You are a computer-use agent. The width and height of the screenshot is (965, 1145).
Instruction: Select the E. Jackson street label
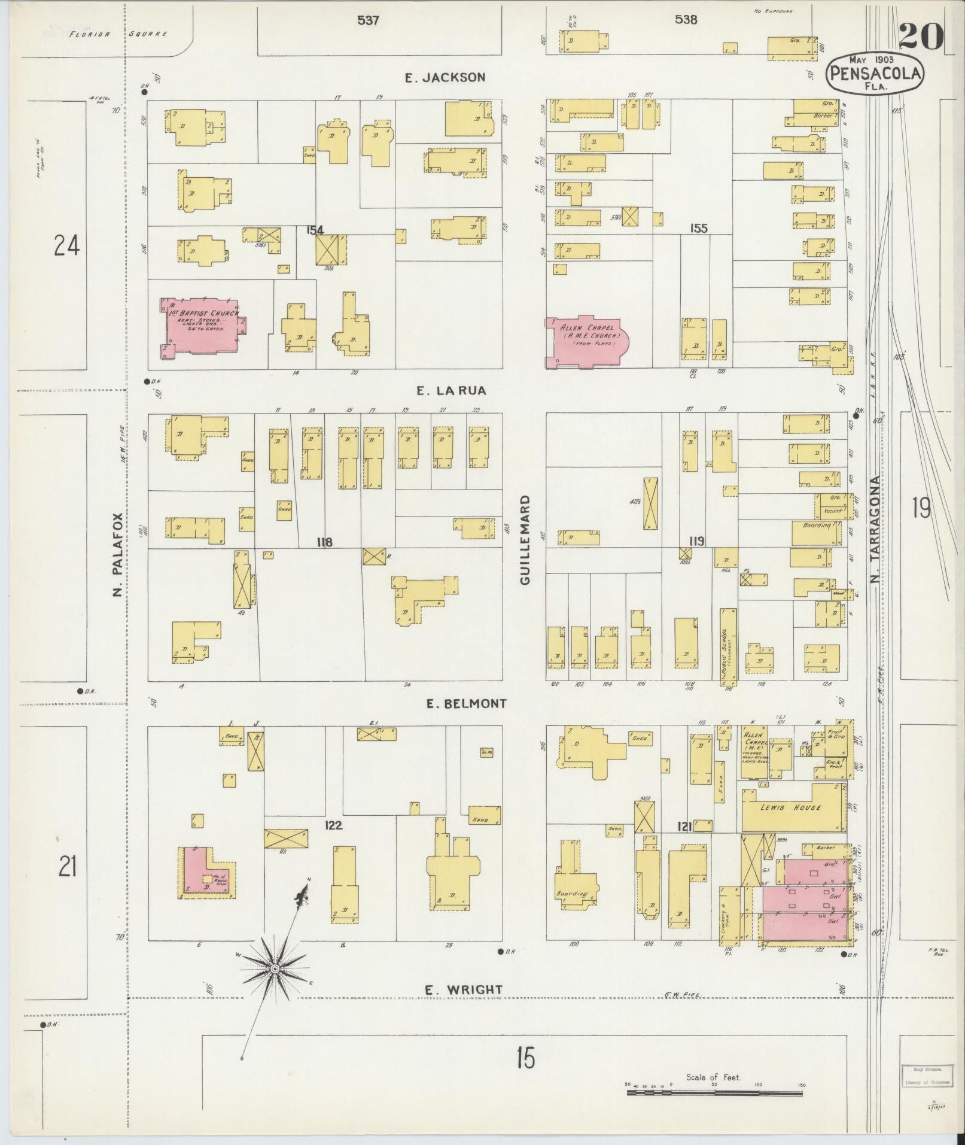(x=445, y=77)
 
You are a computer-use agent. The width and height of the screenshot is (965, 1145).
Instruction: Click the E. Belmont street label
(x=466, y=704)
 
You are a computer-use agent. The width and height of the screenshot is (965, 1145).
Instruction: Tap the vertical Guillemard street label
(x=525, y=540)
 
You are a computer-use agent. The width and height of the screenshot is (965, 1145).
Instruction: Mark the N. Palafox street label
(x=117, y=554)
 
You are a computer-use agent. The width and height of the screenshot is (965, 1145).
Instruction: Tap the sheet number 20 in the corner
(x=921, y=37)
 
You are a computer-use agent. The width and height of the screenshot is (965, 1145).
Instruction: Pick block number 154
(x=315, y=230)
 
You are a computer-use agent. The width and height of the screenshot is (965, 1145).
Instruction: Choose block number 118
(x=325, y=543)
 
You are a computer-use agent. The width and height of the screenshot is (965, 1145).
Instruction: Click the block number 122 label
(x=333, y=826)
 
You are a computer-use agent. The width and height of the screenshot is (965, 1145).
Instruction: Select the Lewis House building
(x=799, y=807)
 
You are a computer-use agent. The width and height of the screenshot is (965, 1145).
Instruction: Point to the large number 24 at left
(x=66, y=245)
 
